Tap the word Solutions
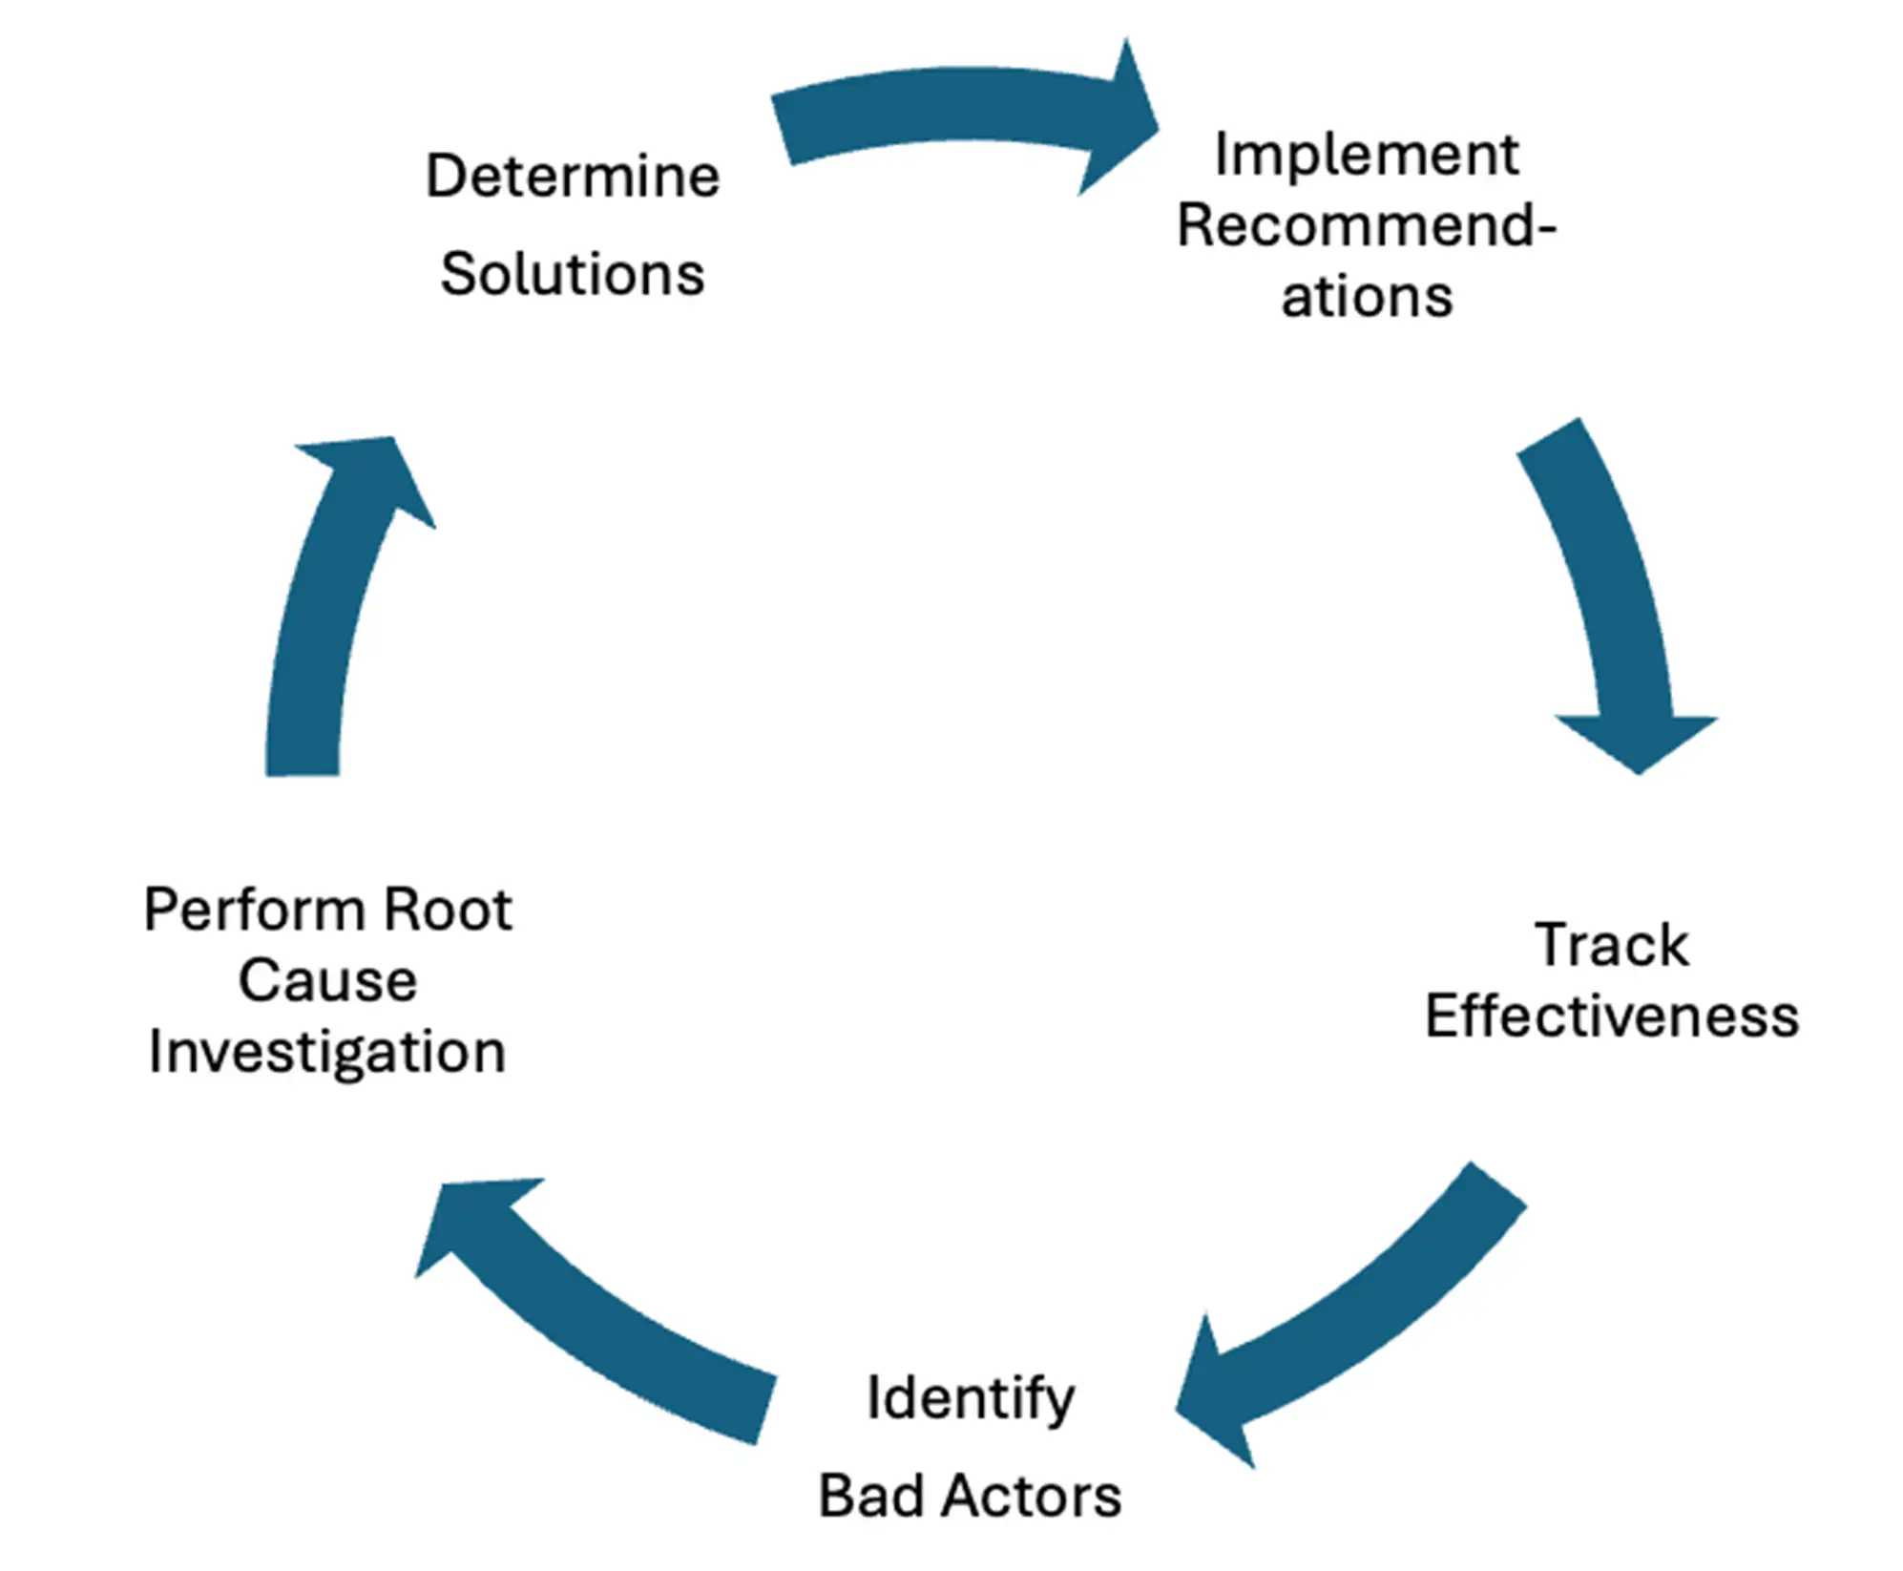click(x=572, y=275)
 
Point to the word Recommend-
click(x=1366, y=226)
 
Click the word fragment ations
click(x=1366, y=297)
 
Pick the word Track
click(x=1611, y=946)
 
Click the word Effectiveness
click(x=1611, y=1016)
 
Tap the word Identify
click(x=970, y=1399)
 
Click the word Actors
click(x=1031, y=1496)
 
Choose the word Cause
click(x=327, y=981)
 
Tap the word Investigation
click(x=327, y=1053)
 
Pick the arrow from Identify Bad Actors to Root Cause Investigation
click(x=592, y=1327)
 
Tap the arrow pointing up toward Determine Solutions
click(x=324, y=611)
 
